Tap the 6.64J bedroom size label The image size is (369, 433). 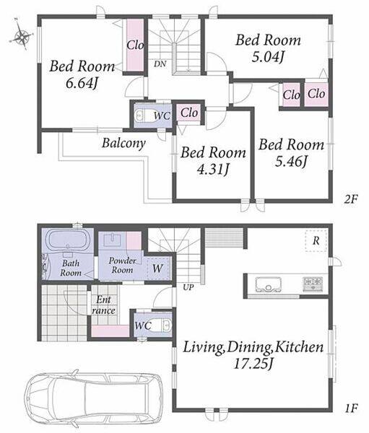[82, 83]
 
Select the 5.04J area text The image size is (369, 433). [268, 57]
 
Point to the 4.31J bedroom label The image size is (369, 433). [213, 170]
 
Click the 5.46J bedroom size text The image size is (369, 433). [291, 161]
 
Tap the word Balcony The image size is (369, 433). [123, 143]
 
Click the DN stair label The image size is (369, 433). [160, 64]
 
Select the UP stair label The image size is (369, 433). [188, 287]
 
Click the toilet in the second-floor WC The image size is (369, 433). [142, 115]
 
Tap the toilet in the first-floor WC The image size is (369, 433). [165, 325]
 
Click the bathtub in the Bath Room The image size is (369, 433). [69, 240]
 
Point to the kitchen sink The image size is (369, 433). [268, 284]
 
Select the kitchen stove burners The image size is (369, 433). [313, 284]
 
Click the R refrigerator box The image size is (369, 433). [316, 240]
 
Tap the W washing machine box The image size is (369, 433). [158, 268]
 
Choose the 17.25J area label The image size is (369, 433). [253, 364]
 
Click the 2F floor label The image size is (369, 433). [351, 199]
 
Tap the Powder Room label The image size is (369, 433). [123, 265]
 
